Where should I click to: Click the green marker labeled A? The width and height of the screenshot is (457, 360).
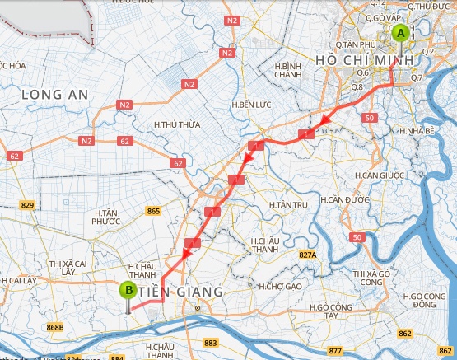pos(401,34)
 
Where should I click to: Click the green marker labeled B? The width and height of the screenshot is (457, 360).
pos(128,290)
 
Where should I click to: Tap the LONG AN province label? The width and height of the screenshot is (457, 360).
pos(54,95)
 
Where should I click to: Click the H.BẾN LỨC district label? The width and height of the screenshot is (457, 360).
pos(251,105)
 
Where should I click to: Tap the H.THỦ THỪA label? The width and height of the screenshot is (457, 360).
pos(177,124)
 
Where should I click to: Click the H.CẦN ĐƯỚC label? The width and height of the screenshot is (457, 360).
pos(344,199)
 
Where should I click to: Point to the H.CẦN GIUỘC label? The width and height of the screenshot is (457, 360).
pos(379,175)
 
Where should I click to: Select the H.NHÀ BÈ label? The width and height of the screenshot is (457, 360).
pos(416,130)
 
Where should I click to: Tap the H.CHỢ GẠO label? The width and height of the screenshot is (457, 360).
pos(280,287)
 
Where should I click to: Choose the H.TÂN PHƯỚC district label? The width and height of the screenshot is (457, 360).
pos(106,216)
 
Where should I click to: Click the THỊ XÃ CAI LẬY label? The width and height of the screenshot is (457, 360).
pos(73,267)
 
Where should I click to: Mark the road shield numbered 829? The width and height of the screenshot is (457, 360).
pos(28,204)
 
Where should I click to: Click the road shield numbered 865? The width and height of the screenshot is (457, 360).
pos(152,212)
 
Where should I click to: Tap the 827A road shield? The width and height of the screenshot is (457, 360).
pos(307,255)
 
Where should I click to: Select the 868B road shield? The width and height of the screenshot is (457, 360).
pos(55,327)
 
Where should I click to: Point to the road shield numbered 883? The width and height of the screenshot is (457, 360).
pos(210,342)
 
